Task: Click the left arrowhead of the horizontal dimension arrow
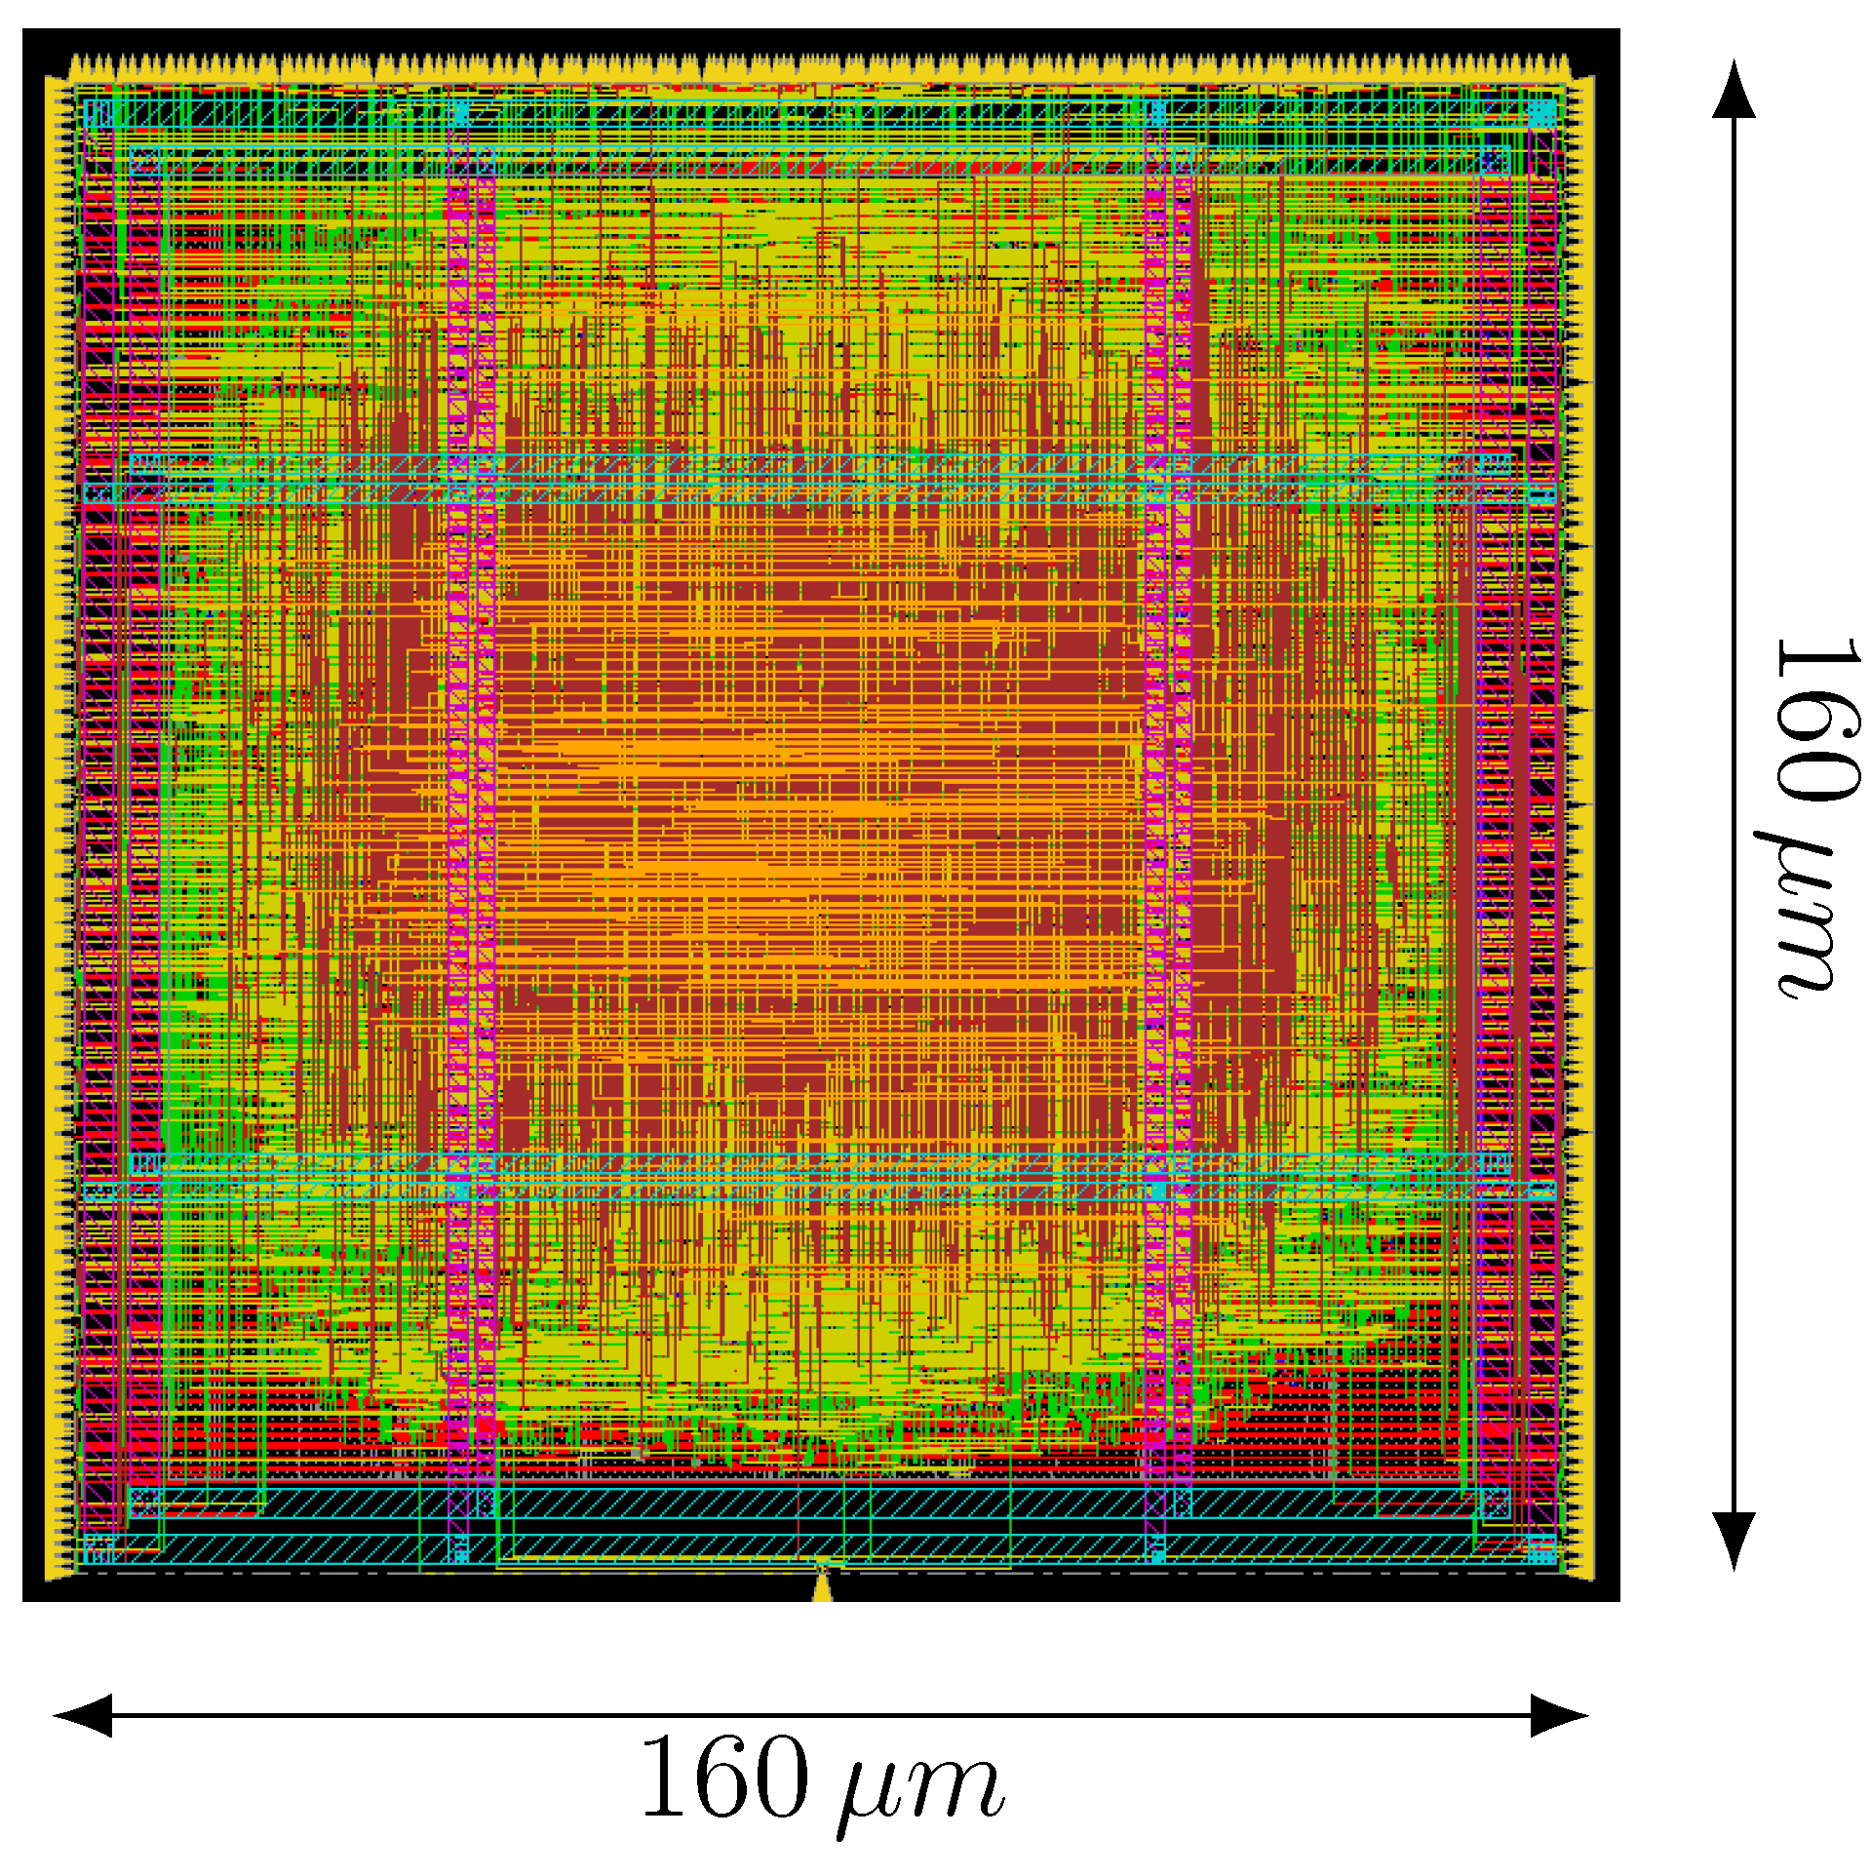(83, 1715)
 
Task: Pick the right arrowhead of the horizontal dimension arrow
(1559, 1715)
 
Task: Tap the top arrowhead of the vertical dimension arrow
(1734, 91)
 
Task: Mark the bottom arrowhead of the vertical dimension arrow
(1734, 1540)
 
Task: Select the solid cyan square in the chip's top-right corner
(1542, 113)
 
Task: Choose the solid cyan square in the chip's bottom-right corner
(1542, 1548)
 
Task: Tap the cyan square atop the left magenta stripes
(458, 113)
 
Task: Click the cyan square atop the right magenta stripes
(1156, 113)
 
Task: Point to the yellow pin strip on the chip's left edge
(58, 829)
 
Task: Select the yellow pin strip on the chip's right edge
(1585, 829)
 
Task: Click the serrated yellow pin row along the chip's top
(819, 68)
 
